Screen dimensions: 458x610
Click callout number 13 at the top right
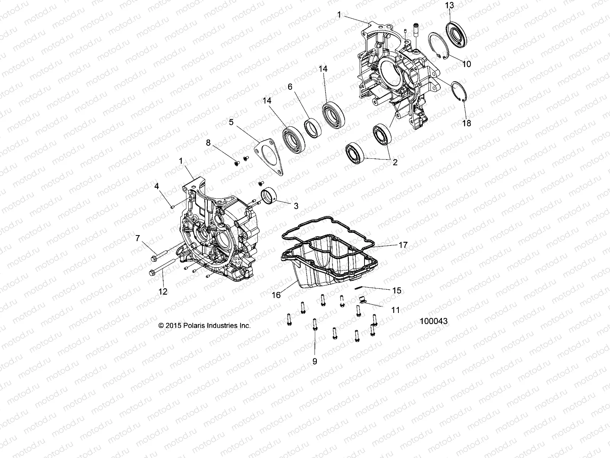pyautogui.click(x=449, y=5)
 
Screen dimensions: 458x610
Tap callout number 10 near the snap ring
pyautogui.click(x=466, y=64)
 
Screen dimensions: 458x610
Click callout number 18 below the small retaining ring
pyautogui.click(x=466, y=123)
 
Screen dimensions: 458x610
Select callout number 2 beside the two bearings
pyautogui.click(x=395, y=162)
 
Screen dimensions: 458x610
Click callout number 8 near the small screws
pyautogui.click(x=208, y=143)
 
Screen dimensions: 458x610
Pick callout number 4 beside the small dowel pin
pyautogui.click(x=156, y=186)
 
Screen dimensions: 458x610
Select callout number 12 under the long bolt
pyautogui.click(x=163, y=292)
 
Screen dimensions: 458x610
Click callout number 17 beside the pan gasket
pyautogui.click(x=403, y=245)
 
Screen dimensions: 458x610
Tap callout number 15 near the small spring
pyautogui.click(x=396, y=290)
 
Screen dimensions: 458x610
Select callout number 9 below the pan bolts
pyautogui.click(x=315, y=361)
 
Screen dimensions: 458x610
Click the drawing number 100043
pyautogui.click(x=433, y=322)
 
